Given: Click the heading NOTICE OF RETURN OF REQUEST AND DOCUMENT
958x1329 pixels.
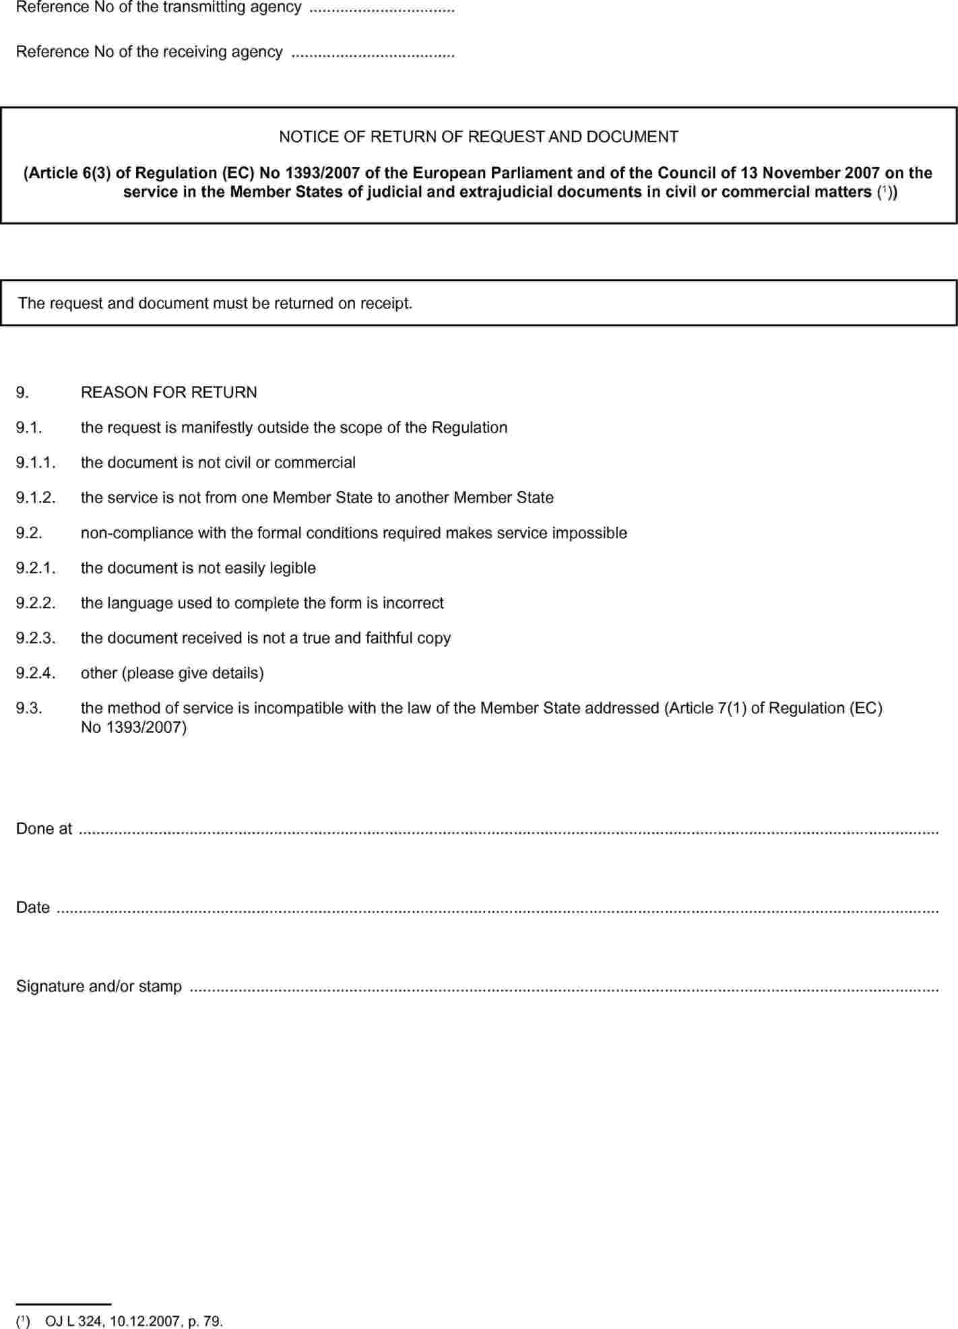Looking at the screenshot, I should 478,137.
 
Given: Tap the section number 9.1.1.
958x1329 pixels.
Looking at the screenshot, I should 36,463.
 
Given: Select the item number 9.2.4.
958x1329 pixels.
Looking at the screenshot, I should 36,673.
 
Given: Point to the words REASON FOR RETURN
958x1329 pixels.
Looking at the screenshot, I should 168,393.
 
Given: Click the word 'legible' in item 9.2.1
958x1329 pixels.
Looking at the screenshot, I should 292,568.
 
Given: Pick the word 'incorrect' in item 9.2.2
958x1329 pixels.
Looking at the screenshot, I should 413,603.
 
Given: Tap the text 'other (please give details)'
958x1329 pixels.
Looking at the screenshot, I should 172,673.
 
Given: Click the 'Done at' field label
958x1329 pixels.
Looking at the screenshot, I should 44,829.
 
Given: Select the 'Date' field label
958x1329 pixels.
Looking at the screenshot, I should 33,907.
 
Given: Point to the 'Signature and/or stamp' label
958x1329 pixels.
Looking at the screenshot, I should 99,986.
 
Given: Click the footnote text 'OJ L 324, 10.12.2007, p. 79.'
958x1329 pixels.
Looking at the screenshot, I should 133,1321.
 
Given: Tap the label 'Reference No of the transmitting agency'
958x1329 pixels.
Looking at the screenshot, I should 158,7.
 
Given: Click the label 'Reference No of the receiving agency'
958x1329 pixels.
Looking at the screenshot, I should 149,52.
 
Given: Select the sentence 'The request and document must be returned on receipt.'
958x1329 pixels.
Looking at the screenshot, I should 215,303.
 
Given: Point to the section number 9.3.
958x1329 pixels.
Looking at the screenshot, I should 29,708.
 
